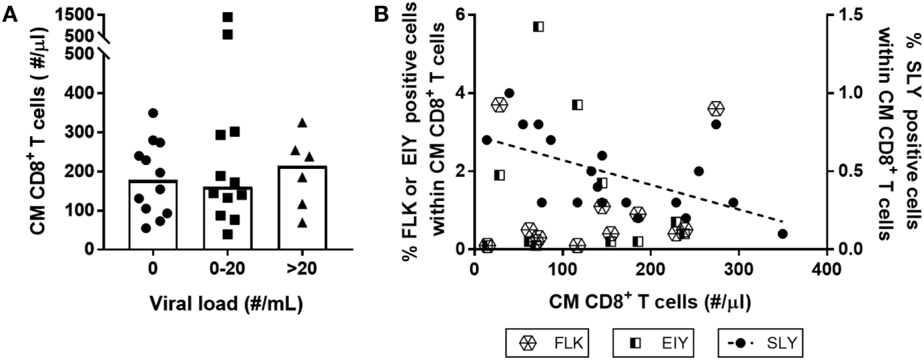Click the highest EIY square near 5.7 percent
click(x=538, y=27)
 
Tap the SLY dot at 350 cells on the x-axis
click(x=782, y=234)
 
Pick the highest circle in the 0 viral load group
click(x=153, y=113)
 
